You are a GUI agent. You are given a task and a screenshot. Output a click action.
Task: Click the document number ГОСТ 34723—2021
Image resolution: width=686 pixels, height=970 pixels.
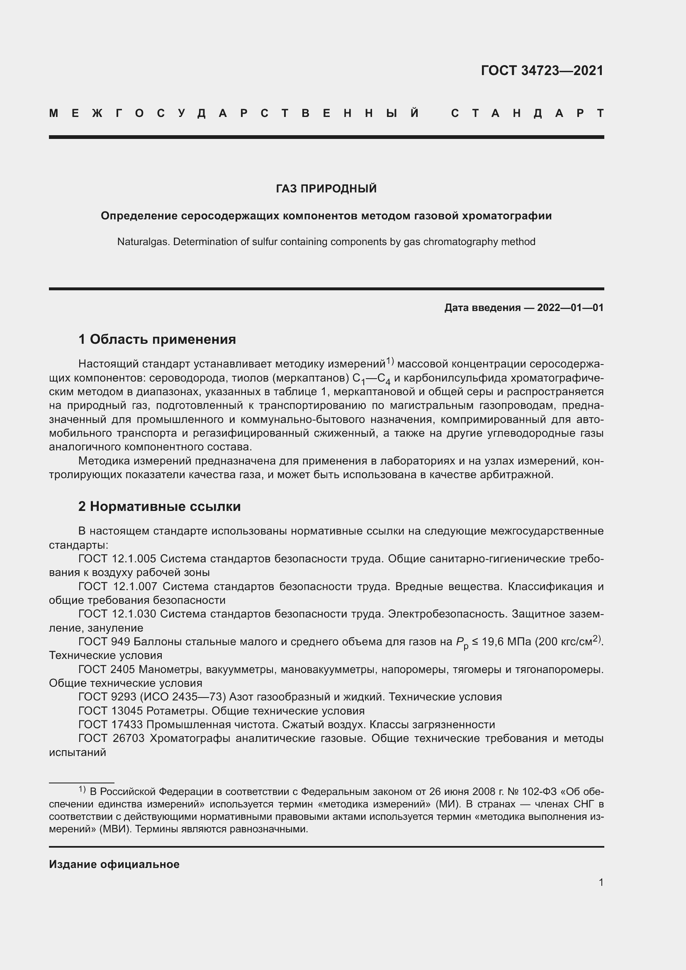[x=542, y=71]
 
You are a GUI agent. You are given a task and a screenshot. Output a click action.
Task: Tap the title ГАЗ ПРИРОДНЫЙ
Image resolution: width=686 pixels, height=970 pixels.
[x=326, y=189]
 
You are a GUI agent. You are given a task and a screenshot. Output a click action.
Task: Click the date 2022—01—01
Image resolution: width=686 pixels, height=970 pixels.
[x=570, y=308]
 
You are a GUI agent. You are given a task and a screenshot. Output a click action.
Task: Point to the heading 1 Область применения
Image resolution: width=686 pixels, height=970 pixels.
[x=157, y=339]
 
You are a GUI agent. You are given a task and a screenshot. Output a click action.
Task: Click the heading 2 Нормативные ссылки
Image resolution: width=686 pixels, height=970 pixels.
[x=159, y=506]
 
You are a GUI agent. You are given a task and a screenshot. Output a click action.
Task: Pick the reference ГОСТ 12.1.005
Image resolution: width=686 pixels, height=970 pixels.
[x=117, y=559]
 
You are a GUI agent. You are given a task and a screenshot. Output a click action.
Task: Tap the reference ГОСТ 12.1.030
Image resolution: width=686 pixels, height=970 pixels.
[x=117, y=614]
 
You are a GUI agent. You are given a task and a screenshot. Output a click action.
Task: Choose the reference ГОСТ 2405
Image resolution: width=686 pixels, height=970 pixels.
[x=107, y=670]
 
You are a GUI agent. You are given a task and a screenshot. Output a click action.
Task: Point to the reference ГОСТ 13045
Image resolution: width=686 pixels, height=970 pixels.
[x=111, y=711]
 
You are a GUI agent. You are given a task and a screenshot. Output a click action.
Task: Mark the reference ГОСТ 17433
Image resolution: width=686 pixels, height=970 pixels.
[x=111, y=725]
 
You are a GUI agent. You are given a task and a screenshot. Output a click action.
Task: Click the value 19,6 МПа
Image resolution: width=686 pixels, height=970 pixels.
[x=506, y=642]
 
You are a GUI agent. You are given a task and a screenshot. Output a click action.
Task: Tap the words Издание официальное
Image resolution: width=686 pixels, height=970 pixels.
[x=114, y=864]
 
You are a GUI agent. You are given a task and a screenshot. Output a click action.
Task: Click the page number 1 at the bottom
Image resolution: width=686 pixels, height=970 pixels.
[x=601, y=882]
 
